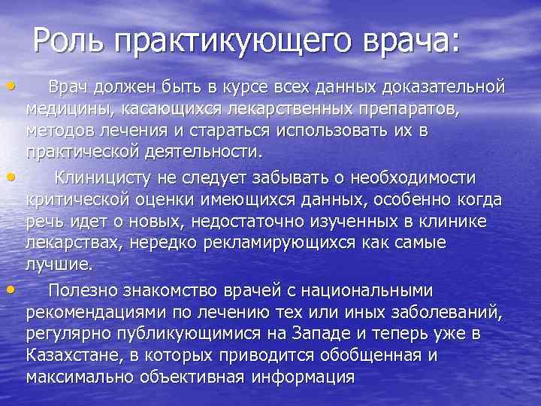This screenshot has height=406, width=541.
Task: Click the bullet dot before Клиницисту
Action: click(8, 177)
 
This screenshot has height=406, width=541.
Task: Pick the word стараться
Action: click(227, 132)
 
